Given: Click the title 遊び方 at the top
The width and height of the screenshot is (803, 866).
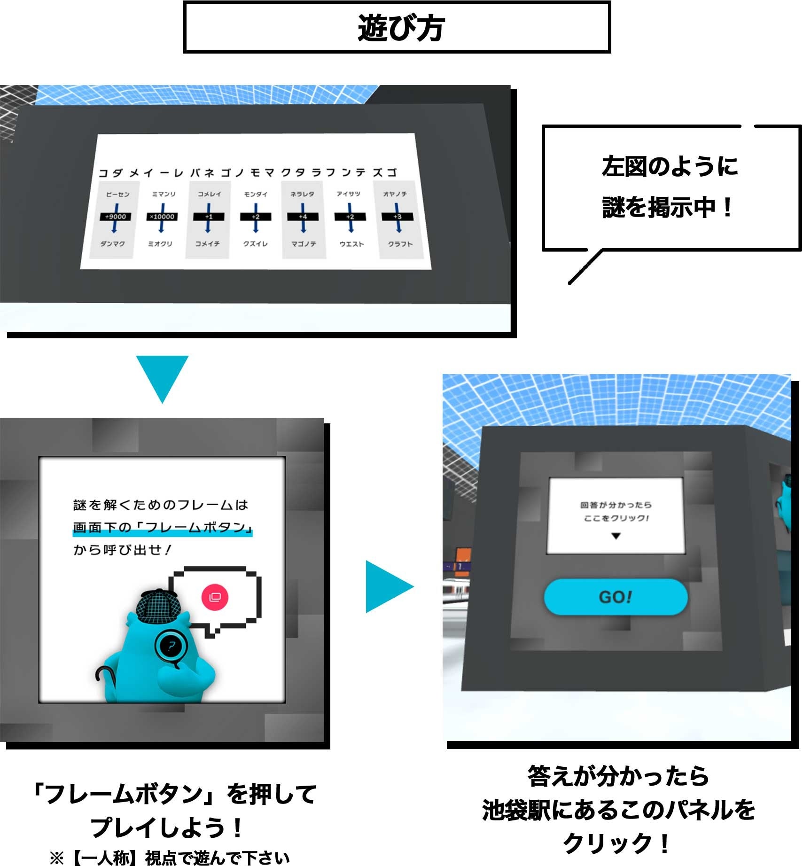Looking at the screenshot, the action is click(401, 28).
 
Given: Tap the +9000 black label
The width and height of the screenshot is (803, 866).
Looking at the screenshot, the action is click(115, 217).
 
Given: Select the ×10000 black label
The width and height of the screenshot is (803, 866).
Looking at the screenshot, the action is click(162, 217).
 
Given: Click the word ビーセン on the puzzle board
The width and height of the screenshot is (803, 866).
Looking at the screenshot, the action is click(117, 194).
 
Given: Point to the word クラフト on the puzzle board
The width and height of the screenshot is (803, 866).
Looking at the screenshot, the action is click(400, 244).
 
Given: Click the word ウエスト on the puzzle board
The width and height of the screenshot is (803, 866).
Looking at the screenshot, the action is click(351, 244).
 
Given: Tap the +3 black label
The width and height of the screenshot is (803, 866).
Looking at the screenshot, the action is click(398, 217).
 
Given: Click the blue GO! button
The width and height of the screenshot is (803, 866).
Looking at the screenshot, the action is click(616, 597).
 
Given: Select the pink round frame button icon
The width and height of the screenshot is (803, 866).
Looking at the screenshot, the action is click(215, 597).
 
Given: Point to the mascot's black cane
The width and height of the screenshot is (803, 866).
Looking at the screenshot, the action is click(101, 675).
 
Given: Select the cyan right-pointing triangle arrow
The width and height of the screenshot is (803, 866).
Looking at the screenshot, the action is click(388, 586).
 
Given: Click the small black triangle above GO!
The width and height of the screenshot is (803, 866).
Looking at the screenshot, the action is click(616, 536).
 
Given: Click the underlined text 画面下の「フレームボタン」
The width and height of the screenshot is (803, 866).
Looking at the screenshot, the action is click(163, 528).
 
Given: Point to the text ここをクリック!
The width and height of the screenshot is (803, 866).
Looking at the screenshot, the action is click(616, 518).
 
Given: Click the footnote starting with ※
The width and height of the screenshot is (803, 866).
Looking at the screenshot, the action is click(169, 858).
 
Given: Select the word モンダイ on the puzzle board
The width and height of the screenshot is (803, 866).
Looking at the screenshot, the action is click(256, 194).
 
